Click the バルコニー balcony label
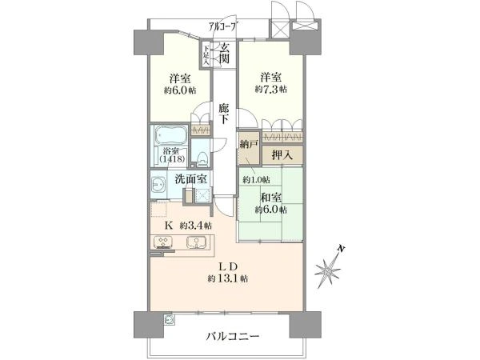tap(232, 337)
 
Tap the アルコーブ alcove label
tap(222, 26)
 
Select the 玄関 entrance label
tap(225, 53)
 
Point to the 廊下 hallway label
tap(223, 114)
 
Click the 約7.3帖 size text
tap(271, 90)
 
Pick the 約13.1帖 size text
tap(228, 278)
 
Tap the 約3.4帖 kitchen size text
tap(196, 226)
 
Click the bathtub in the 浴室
tap(171, 135)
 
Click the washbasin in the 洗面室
tap(158, 185)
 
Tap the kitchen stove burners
tap(164, 242)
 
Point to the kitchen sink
tap(196, 242)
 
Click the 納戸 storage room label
tap(249, 145)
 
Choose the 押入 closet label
tap(282, 155)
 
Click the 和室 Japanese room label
tap(271, 198)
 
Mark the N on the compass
tap(341, 249)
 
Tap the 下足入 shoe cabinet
tap(206, 55)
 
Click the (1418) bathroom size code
tap(172, 159)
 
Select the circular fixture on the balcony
tap(169, 319)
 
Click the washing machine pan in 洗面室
tap(203, 196)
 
